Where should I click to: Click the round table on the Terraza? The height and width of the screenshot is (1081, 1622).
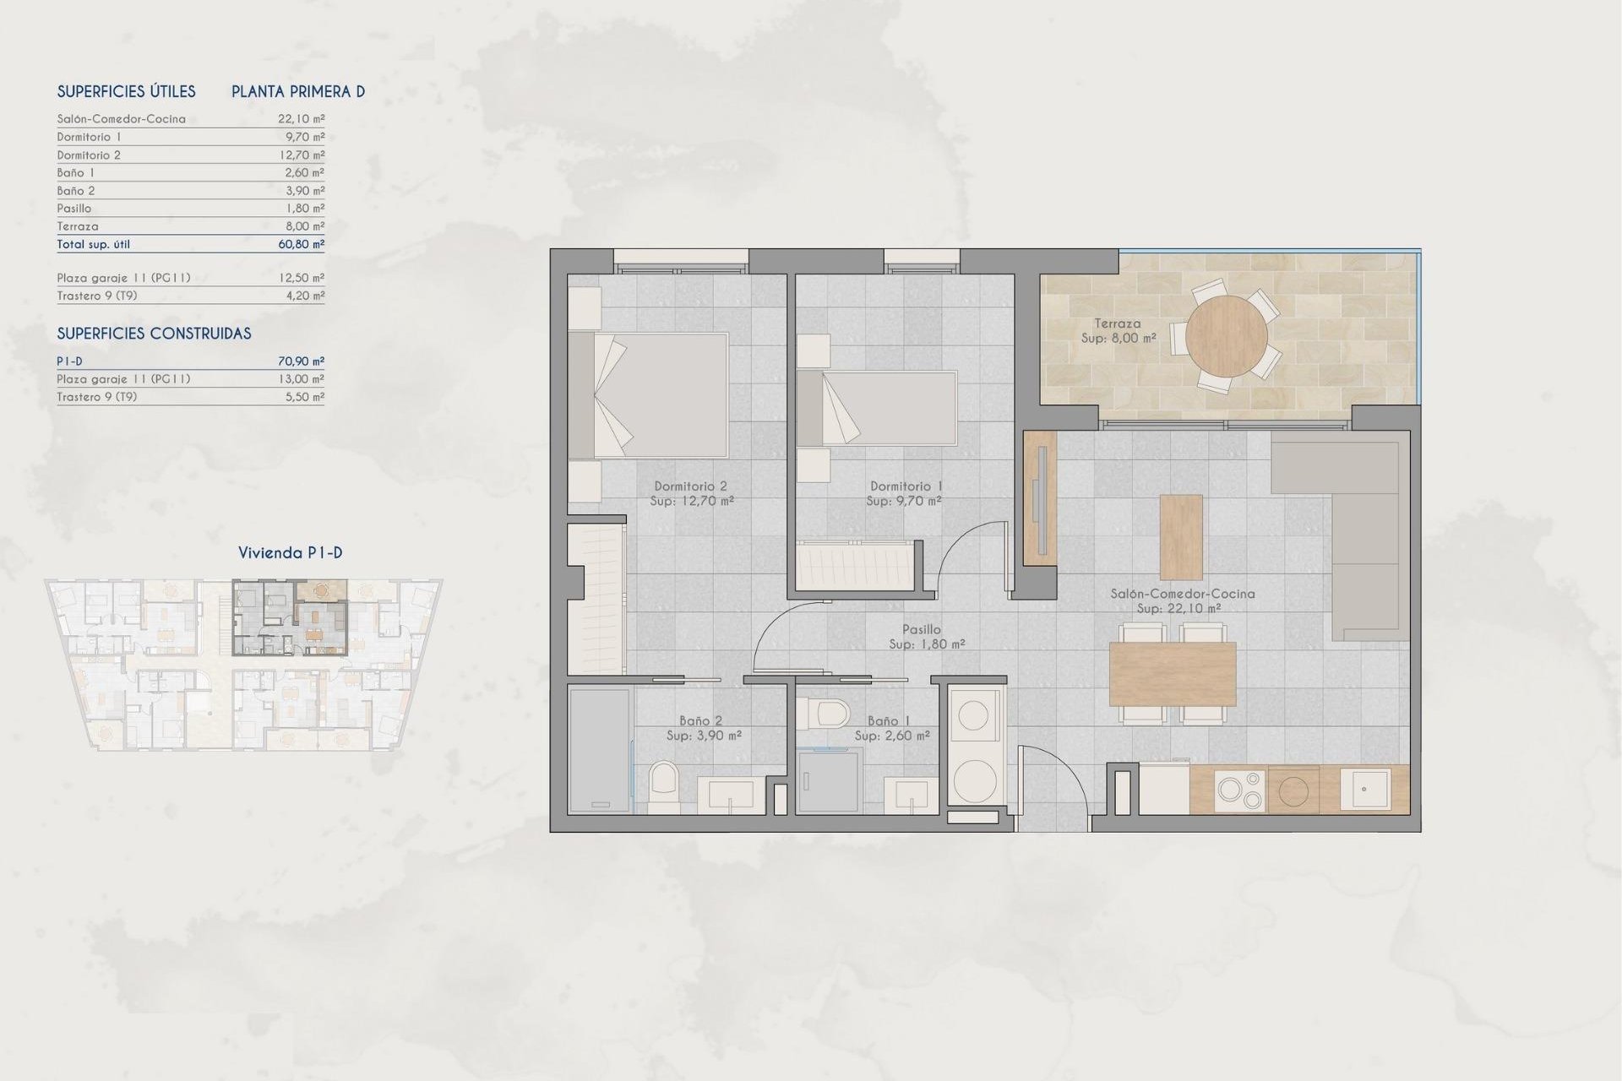click(1226, 336)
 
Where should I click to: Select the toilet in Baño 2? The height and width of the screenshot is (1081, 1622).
click(664, 786)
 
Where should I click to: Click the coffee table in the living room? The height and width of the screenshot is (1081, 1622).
click(1181, 537)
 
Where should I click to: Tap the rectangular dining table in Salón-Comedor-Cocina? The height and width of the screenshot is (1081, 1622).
click(1173, 674)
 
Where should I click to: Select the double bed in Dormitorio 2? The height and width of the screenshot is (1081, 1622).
click(649, 395)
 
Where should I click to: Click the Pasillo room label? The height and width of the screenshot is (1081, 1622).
click(921, 629)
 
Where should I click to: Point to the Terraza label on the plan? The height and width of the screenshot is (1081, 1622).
click(1117, 323)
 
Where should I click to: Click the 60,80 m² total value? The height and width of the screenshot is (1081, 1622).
click(301, 244)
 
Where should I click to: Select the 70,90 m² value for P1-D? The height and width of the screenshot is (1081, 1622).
click(301, 361)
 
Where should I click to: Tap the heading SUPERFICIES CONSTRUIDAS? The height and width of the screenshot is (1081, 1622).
click(154, 334)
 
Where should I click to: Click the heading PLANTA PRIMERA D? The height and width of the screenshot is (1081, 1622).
click(298, 91)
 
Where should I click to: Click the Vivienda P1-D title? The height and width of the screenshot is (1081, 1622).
click(290, 553)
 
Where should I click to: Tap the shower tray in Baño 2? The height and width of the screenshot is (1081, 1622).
click(599, 750)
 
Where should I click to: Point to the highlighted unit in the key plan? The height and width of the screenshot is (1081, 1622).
click(290, 617)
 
